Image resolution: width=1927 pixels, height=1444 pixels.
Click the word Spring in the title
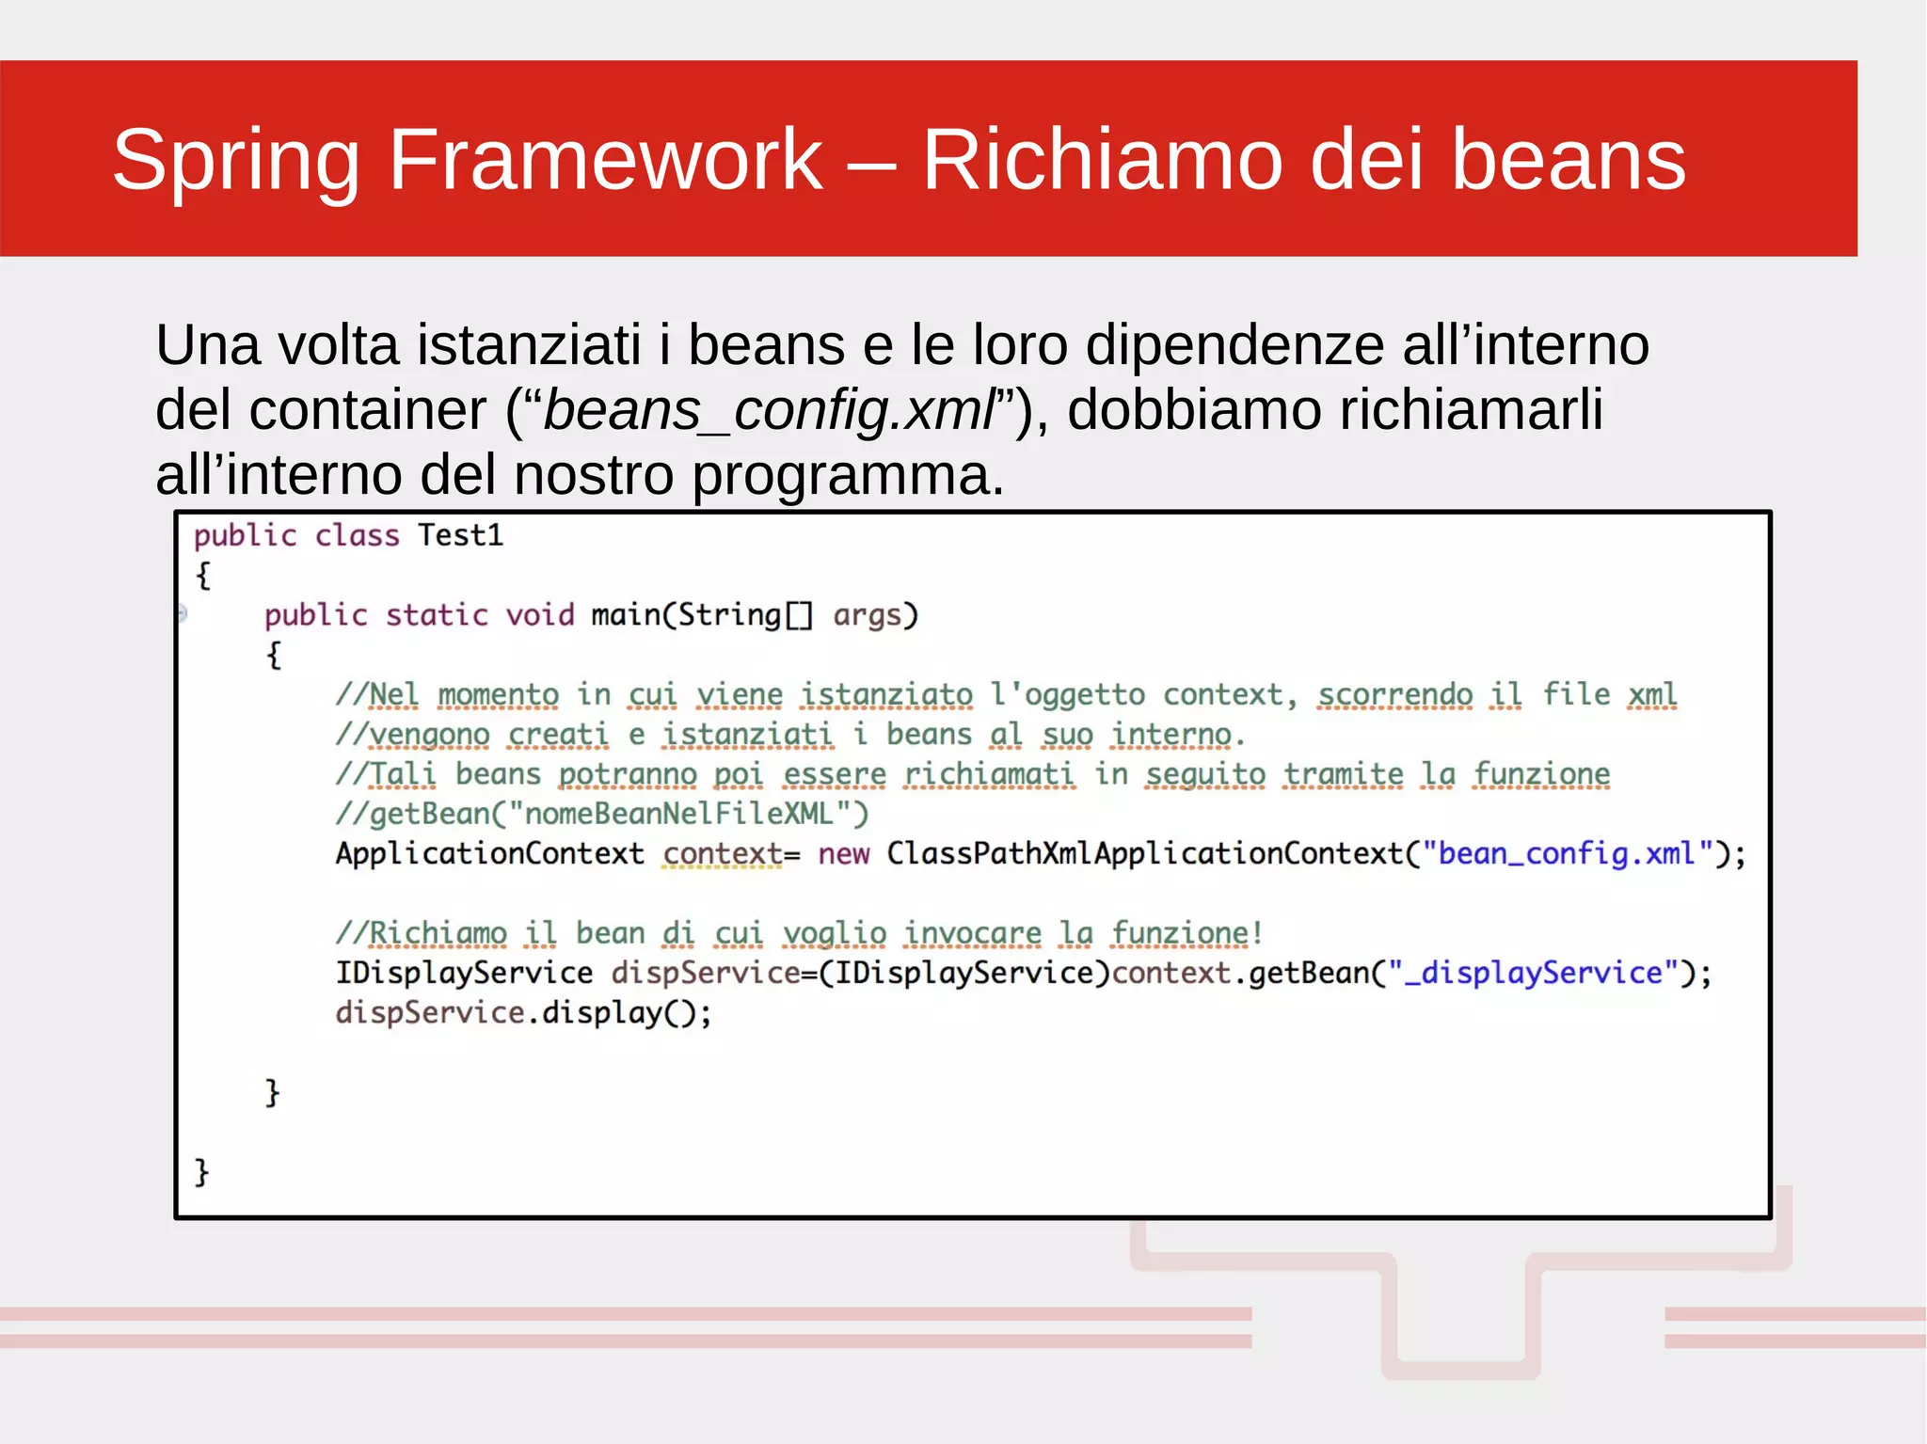pos(235,160)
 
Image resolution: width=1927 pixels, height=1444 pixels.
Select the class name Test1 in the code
pos(460,535)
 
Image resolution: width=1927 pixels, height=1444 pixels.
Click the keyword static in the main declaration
pos(437,615)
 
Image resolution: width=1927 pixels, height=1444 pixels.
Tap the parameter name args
pos(867,615)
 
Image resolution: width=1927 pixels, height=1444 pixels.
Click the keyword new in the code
pos(843,853)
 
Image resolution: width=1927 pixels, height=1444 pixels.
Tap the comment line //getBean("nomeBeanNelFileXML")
pos(602,814)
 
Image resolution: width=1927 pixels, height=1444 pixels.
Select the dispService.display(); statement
pos(523,1013)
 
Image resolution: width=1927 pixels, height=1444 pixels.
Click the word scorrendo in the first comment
pos(1394,695)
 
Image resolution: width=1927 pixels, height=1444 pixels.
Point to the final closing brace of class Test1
pos(201,1172)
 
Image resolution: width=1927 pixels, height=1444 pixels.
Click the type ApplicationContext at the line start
pos(489,853)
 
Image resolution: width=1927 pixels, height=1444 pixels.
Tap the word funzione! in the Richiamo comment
pos(1186,933)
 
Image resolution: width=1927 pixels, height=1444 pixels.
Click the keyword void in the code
pos(539,615)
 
